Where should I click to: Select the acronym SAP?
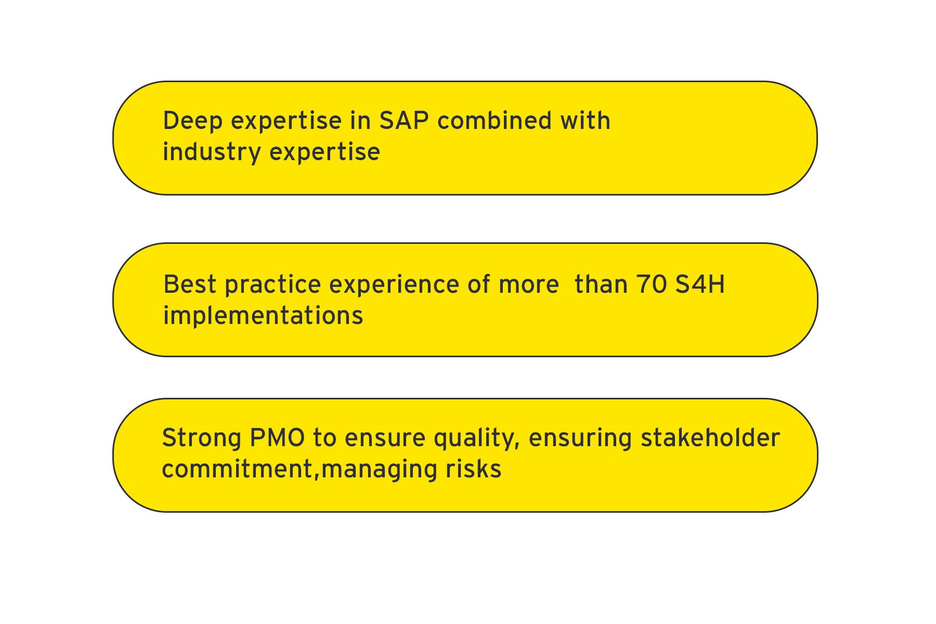pyautogui.click(x=404, y=120)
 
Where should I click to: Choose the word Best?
pyautogui.click(x=190, y=284)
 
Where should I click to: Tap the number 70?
pyautogui.click(x=652, y=284)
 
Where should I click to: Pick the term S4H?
pyautogui.click(x=700, y=284)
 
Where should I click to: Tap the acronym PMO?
pyautogui.click(x=277, y=437)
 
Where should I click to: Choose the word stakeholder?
pyautogui.click(x=710, y=437)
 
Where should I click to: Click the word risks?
pyautogui.click(x=473, y=469)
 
